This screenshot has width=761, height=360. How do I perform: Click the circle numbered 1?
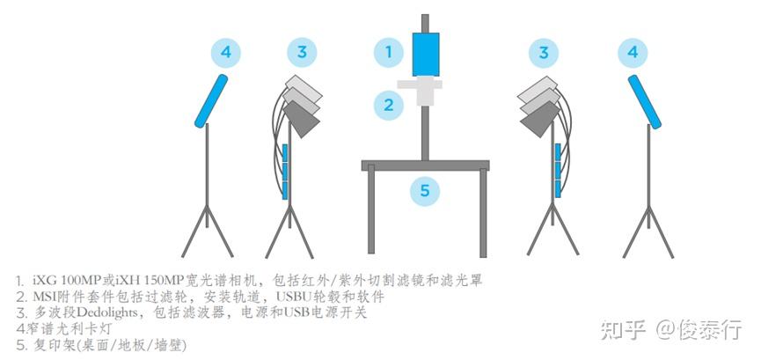388,52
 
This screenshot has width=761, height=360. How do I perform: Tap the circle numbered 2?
388,105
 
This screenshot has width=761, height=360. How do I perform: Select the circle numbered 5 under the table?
425,190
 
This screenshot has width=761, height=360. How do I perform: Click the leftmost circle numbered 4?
226,52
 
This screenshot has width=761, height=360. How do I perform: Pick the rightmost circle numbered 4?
633,52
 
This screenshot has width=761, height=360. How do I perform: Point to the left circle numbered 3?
302,52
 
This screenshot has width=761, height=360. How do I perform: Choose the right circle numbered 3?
544,52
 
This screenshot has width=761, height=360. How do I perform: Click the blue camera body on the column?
426,55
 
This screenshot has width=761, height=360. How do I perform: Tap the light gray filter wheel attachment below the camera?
420,90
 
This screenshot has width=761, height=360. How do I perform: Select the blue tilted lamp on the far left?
211,100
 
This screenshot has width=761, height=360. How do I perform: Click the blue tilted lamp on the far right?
645,101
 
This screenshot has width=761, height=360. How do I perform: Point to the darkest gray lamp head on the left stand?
302,120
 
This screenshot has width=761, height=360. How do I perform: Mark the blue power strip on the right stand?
558,171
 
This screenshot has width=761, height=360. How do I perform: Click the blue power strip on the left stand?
285,172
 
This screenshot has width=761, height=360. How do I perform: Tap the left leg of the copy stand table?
371,209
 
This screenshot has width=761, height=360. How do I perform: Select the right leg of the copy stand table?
483,213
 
